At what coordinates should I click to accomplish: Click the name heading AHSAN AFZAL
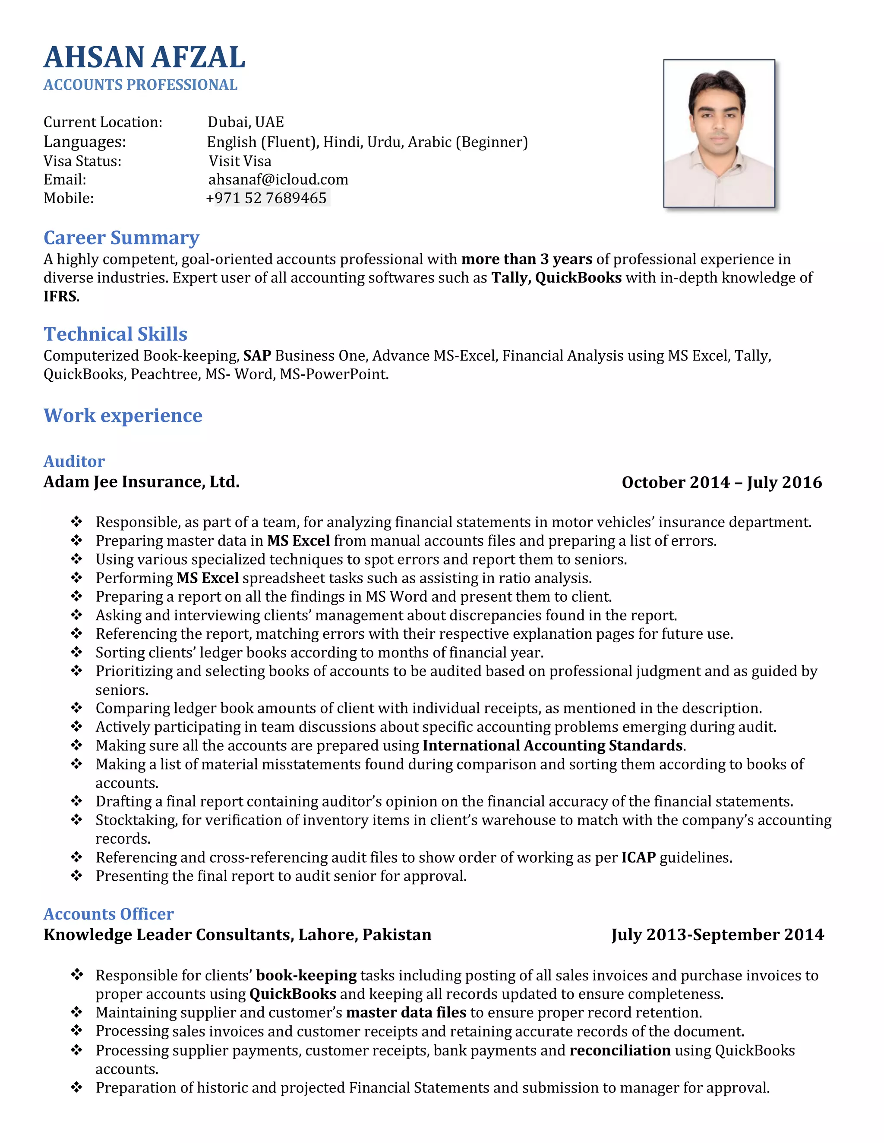(144, 57)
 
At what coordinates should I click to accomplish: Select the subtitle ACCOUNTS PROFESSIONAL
(140, 85)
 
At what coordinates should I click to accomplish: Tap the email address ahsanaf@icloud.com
(278, 179)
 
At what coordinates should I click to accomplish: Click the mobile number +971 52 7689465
(267, 198)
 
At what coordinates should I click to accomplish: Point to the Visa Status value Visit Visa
(240, 161)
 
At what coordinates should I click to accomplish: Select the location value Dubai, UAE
(246, 122)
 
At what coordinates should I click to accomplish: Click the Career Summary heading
(121, 238)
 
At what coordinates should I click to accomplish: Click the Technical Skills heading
(115, 334)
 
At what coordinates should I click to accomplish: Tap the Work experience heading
(123, 415)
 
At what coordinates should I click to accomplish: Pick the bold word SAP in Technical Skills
(257, 356)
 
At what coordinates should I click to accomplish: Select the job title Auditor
(74, 461)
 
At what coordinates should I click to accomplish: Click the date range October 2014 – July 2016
(721, 482)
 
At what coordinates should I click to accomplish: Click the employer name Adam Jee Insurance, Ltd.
(142, 481)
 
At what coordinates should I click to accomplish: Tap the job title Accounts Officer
(108, 914)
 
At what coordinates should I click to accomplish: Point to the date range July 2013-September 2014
(717, 935)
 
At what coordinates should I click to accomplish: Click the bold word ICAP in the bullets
(638, 857)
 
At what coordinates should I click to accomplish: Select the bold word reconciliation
(619, 1050)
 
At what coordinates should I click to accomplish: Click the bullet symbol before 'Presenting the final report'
(76, 876)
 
